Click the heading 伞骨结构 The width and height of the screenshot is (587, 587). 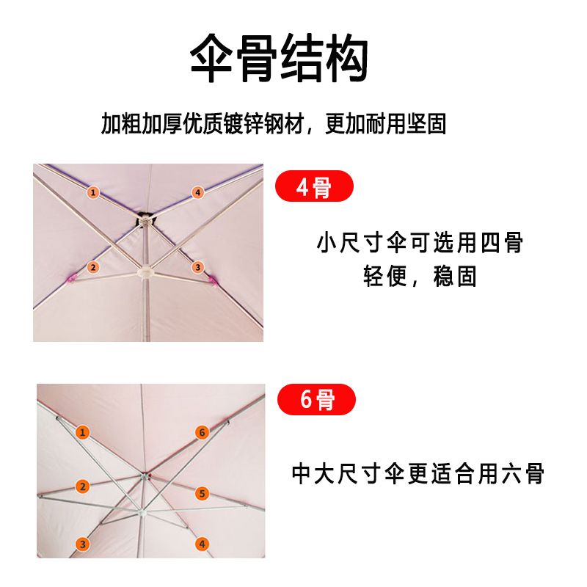point(280,58)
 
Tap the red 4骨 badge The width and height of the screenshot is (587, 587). point(314,186)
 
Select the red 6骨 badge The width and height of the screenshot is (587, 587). point(316,399)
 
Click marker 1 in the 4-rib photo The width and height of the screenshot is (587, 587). point(93,192)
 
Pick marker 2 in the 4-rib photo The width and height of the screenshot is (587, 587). point(93,267)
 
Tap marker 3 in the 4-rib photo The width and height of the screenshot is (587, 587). point(197,267)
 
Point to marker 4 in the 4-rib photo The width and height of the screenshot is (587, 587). point(197,192)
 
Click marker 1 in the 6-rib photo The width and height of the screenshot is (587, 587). point(82,432)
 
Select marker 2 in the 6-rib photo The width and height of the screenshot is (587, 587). point(82,486)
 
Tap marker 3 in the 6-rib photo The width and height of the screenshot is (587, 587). point(82,544)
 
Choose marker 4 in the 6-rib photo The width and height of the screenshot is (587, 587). point(203,544)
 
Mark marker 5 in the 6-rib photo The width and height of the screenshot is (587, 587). point(203,493)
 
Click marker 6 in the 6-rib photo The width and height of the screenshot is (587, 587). point(203,432)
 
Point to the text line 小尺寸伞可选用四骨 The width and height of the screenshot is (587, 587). point(420,243)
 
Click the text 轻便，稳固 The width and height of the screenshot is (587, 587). point(420,277)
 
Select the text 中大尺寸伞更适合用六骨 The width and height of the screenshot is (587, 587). point(418,473)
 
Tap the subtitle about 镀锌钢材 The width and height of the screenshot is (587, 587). point(273,123)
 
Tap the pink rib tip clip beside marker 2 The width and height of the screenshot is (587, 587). point(72,278)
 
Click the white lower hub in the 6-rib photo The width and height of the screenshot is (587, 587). point(142,512)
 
